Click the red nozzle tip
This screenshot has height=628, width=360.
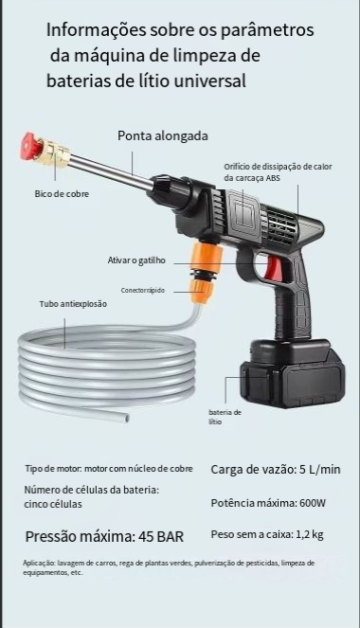(31, 146)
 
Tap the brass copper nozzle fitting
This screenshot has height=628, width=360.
(53, 153)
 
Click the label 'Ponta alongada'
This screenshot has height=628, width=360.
(163, 135)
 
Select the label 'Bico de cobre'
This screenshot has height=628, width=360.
(62, 194)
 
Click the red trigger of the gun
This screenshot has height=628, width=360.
(274, 267)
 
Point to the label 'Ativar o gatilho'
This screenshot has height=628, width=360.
(136, 260)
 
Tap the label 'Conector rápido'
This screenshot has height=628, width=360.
(143, 291)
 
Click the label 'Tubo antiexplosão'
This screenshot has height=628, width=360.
(73, 304)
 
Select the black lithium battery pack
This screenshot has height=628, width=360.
(293, 373)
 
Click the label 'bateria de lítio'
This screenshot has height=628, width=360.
(225, 417)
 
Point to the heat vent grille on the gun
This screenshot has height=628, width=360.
(281, 226)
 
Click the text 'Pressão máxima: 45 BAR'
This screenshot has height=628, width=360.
(104, 537)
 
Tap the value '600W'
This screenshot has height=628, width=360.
(313, 503)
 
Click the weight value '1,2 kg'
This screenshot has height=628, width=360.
(310, 534)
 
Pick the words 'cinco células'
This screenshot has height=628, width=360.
(53, 504)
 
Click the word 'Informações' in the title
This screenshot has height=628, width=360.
(96, 30)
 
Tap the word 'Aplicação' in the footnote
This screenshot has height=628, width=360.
(39, 564)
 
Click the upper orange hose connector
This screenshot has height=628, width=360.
(207, 257)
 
